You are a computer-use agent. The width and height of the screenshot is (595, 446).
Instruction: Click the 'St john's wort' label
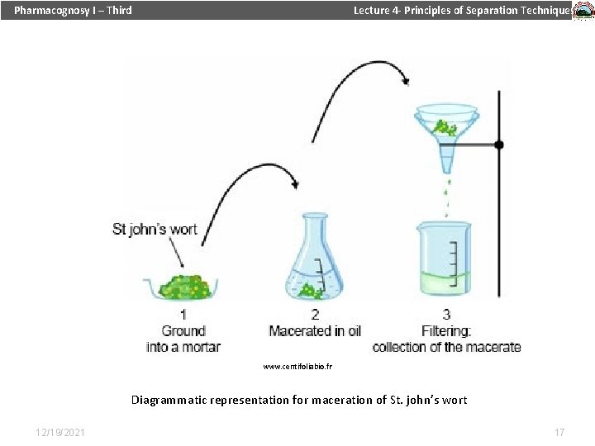click(x=155, y=229)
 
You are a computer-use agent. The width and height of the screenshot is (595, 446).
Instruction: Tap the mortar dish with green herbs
click(x=183, y=287)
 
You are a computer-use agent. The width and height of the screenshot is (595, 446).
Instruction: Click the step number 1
click(x=183, y=315)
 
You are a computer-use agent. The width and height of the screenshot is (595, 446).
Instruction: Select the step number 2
click(x=315, y=315)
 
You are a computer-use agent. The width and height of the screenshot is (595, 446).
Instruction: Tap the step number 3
click(x=446, y=315)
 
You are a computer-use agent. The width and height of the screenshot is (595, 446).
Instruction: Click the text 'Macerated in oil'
click(x=315, y=331)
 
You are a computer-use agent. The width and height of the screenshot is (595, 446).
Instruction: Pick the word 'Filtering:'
click(x=446, y=331)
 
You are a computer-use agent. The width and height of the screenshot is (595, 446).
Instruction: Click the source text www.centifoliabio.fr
click(x=297, y=365)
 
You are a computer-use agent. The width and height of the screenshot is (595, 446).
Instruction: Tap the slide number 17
click(x=559, y=432)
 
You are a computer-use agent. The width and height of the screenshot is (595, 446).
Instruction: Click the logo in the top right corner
click(x=583, y=11)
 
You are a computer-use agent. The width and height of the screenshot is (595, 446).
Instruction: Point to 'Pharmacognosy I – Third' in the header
click(x=73, y=11)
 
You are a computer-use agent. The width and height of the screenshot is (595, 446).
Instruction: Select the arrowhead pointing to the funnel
click(x=404, y=80)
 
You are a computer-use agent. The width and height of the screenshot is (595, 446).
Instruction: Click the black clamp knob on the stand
click(x=498, y=145)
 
